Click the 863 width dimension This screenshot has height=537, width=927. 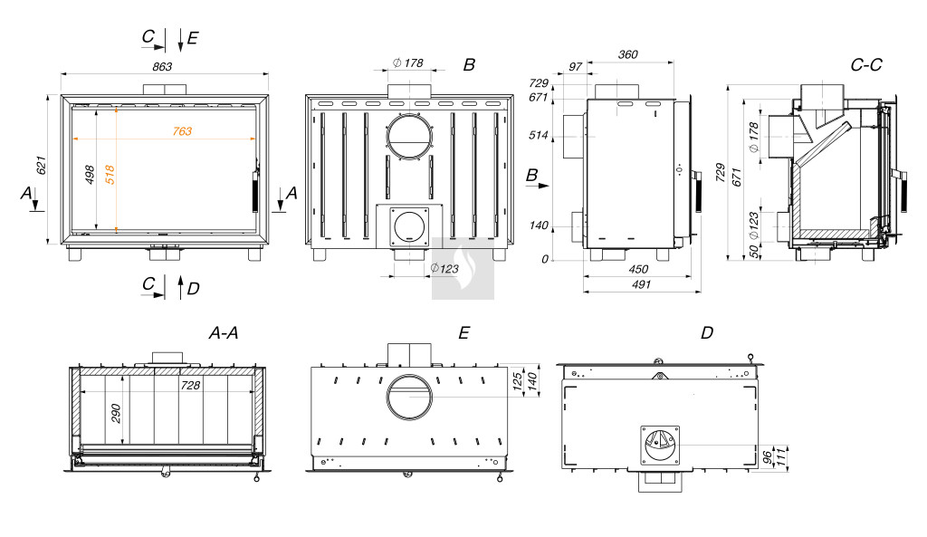click(163, 66)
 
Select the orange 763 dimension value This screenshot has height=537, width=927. click(182, 131)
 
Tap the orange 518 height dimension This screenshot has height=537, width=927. click(110, 174)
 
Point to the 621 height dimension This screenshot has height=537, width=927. click(40, 166)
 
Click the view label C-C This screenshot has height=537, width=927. click(866, 65)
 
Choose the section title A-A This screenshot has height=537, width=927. click(223, 333)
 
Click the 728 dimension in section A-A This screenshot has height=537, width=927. click(190, 384)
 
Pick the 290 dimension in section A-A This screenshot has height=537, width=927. click(116, 415)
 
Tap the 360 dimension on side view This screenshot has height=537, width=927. click(627, 54)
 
